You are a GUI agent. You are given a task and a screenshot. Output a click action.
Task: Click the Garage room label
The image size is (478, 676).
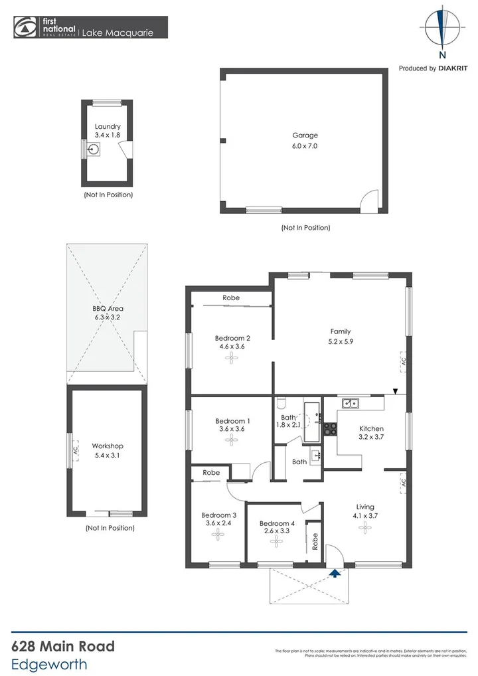coord(305,135)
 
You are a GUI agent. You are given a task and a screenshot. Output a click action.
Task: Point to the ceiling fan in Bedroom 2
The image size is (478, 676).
coord(231,359)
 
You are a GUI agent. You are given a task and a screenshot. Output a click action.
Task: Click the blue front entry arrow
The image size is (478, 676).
coord(336,572)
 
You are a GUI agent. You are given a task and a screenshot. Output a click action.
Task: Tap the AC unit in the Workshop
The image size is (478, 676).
coord(75,450)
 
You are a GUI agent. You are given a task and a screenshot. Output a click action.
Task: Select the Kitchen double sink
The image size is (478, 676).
coord(350,402)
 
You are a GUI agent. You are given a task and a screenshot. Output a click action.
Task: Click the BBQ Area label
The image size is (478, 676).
coord(108,309)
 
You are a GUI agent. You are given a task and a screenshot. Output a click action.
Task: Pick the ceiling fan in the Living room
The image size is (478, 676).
coord(364,527)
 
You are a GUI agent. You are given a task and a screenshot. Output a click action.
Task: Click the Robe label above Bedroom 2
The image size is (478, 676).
coord(231,298)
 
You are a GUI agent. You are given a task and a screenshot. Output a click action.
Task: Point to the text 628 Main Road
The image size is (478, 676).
coord(63,646)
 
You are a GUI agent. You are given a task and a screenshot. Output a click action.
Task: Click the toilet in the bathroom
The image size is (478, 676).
coord(281,404)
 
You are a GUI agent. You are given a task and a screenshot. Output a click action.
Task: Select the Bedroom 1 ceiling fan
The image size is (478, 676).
coord(231,439)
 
